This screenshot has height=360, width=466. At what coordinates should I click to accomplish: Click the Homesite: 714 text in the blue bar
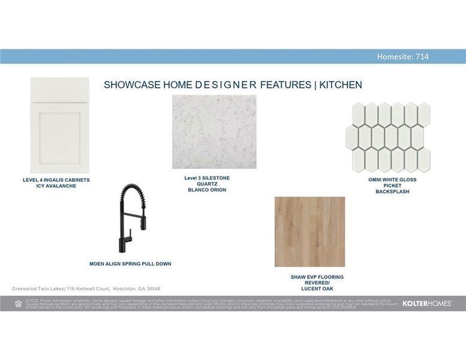coord(402,57)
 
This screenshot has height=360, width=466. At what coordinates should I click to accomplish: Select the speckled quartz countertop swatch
coord(214,132)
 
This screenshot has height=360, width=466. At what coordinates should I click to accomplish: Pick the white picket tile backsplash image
coord(387,136)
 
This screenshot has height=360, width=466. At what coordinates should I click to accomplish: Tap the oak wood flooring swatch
coord(309,232)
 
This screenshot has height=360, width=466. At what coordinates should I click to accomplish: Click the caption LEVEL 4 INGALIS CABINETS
coord(56,180)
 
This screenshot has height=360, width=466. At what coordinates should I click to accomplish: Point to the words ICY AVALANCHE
coord(56,186)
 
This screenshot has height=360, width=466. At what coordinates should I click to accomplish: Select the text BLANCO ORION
coord(207,190)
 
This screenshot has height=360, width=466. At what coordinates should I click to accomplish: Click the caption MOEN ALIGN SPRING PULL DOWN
coord(130,263)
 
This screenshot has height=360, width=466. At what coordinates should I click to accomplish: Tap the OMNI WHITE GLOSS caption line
coord(392,179)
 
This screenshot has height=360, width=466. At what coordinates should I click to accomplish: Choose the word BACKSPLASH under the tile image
coord(392,191)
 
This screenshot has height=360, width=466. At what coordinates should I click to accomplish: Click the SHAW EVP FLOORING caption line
coord(317,277)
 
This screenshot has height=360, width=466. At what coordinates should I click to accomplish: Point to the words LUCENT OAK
coord(317,289)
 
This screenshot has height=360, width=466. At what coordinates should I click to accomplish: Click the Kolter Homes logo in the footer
coord(427,304)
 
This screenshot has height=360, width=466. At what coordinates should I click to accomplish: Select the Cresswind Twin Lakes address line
coord(86,289)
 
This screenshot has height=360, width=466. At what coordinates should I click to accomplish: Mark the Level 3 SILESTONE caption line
coord(207,178)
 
